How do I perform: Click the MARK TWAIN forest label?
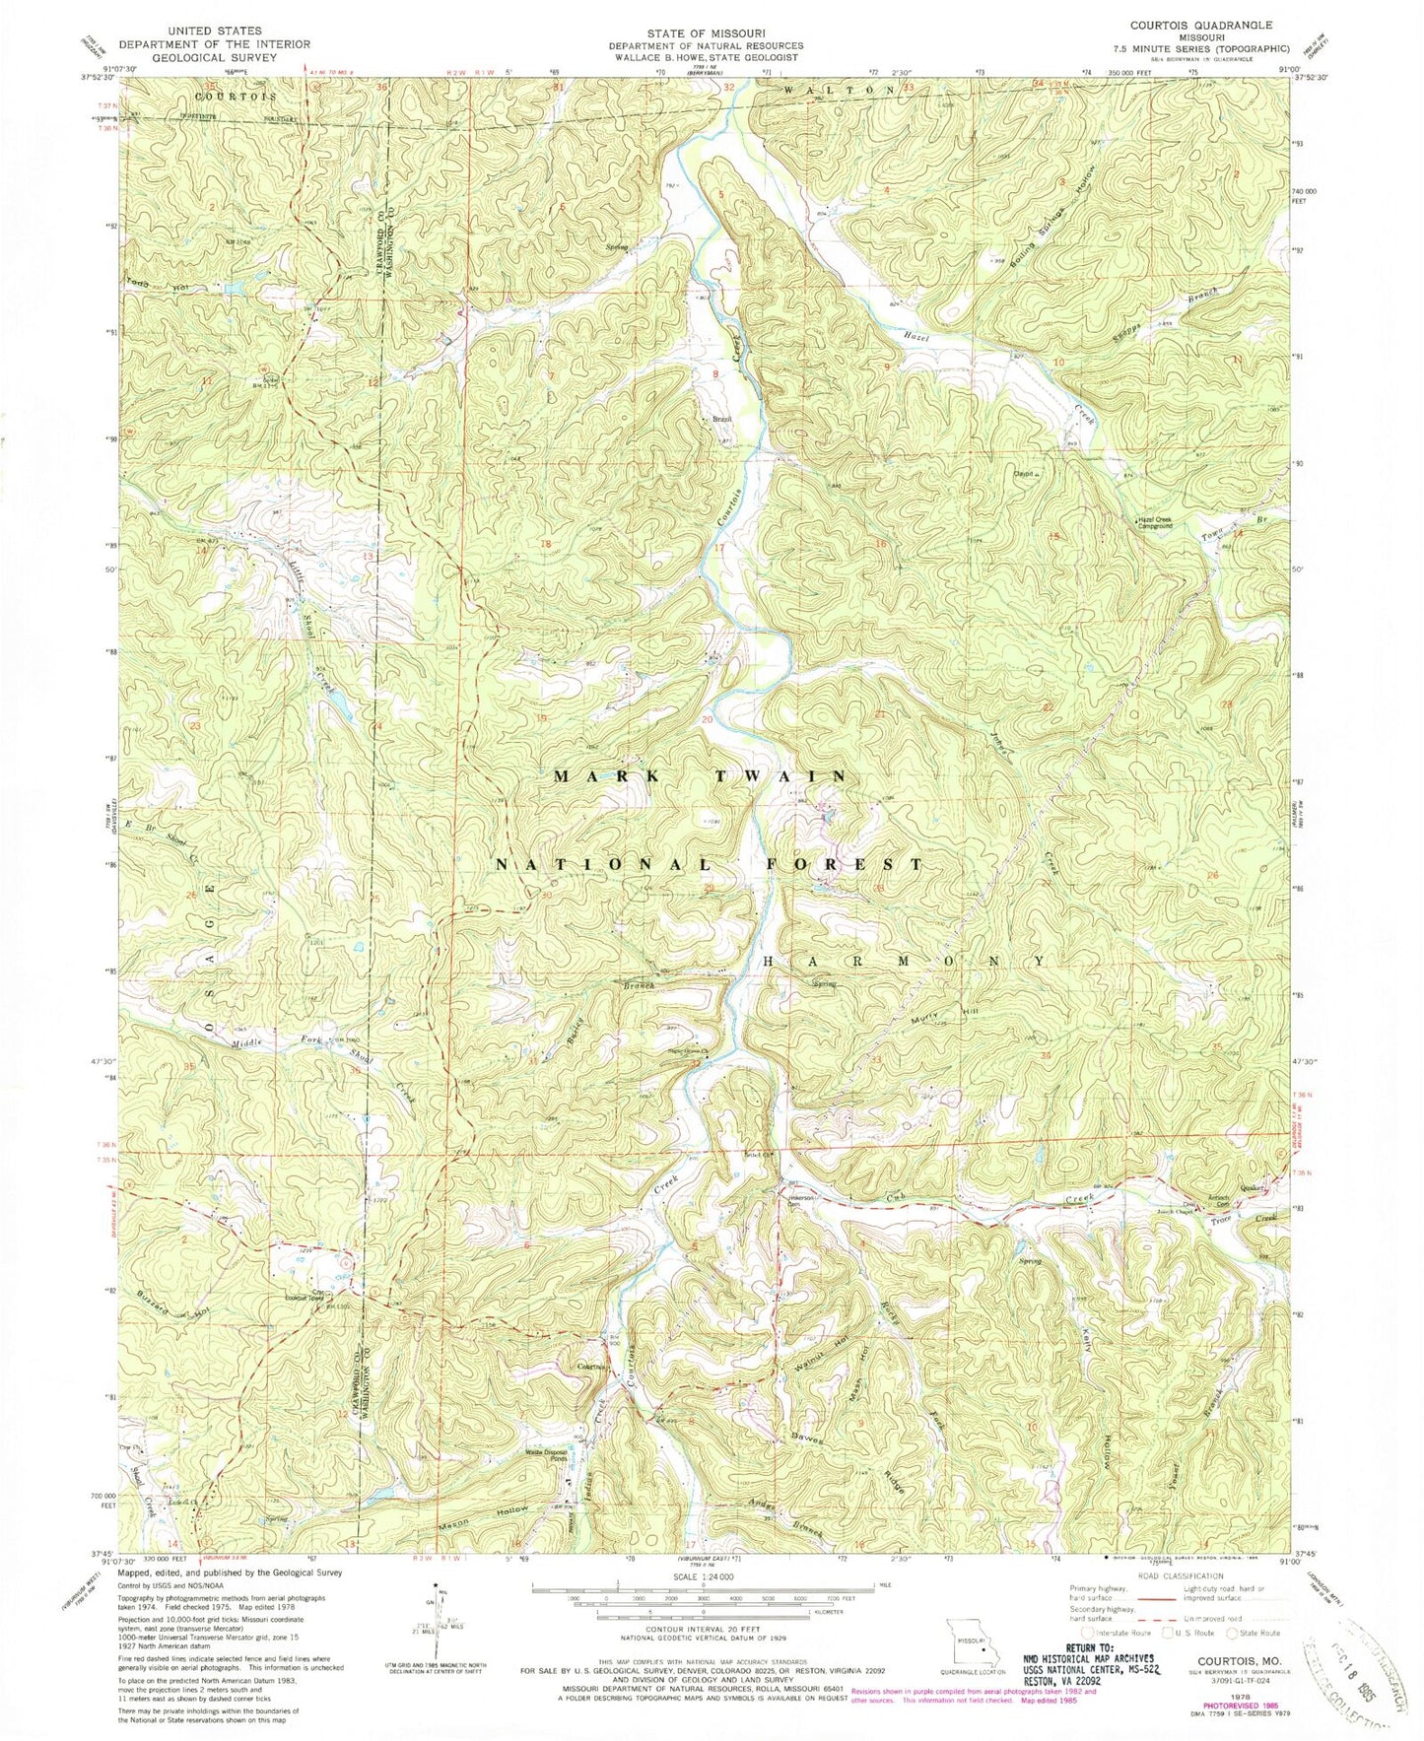[x=699, y=776]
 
